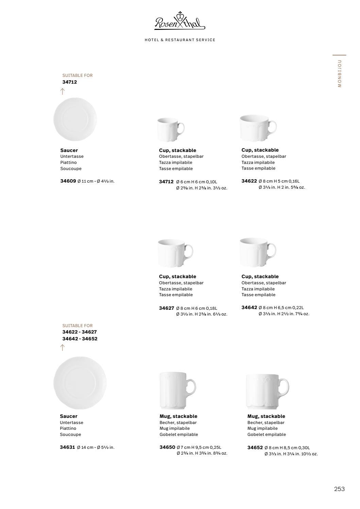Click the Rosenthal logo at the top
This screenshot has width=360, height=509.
[180, 21]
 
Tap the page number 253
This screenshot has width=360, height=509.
[339, 489]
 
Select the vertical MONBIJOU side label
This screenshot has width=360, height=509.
[340, 73]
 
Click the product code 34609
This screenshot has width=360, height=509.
[68, 181]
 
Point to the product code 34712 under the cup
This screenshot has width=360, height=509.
[166, 182]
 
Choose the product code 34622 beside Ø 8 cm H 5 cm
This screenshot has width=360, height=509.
[249, 181]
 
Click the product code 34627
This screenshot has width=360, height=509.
[167, 308]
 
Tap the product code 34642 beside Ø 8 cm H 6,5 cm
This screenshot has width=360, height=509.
[249, 307]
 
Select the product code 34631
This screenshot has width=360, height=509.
[67, 447]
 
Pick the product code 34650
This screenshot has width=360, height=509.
[167, 447]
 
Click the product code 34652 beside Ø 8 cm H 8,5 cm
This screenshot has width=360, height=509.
[255, 447]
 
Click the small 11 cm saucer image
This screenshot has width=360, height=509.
[75, 119]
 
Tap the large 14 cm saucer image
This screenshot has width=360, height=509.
[80, 383]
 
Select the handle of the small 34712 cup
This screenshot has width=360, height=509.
[181, 129]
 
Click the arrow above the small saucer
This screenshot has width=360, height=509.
[63, 91]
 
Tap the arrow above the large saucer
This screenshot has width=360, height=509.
[63, 347]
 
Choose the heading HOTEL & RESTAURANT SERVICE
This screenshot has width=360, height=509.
[180, 40]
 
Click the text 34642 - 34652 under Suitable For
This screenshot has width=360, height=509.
[80, 339]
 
